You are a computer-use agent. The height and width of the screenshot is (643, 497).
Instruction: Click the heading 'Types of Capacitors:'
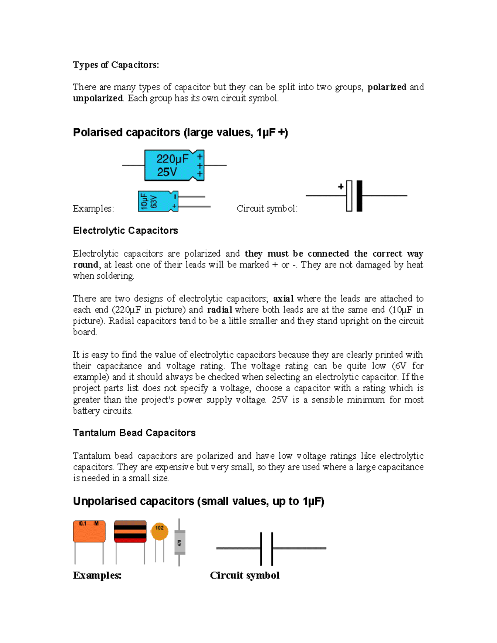[x=116, y=65]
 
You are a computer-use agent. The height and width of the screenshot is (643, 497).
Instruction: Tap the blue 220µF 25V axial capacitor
[x=174, y=165]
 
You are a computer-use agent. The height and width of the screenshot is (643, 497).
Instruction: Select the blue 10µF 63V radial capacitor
[x=157, y=201]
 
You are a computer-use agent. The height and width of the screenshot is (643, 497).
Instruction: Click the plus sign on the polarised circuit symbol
[x=341, y=187]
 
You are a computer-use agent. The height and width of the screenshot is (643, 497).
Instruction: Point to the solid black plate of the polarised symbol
[x=359, y=196]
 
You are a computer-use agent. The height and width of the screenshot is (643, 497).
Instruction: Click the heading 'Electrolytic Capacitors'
[x=125, y=231]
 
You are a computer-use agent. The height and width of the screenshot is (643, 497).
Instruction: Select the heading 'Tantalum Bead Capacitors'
[x=134, y=433]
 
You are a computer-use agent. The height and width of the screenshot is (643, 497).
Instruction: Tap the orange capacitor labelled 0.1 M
[x=89, y=531]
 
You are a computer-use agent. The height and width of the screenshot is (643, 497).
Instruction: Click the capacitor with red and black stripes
[x=130, y=532]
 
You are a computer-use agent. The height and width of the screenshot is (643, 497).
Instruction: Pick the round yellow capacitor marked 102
[x=159, y=531]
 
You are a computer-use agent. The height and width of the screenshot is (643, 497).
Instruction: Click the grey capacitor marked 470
[x=179, y=542]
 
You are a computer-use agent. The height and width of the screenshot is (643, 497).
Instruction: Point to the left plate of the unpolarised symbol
[x=261, y=549]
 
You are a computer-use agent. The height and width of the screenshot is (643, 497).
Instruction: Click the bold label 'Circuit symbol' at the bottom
[x=244, y=575]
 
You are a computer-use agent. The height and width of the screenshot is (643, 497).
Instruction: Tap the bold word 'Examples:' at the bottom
[x=97, y=575]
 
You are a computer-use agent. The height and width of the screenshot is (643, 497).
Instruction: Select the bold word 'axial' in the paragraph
[x=283, y=299]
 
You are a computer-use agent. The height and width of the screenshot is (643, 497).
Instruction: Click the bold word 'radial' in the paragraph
[x=219, y=310]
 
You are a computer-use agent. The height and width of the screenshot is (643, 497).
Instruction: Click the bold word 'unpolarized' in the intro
[x=98, y=98]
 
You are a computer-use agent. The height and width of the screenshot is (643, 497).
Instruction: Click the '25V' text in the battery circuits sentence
[x=279, y=400]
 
